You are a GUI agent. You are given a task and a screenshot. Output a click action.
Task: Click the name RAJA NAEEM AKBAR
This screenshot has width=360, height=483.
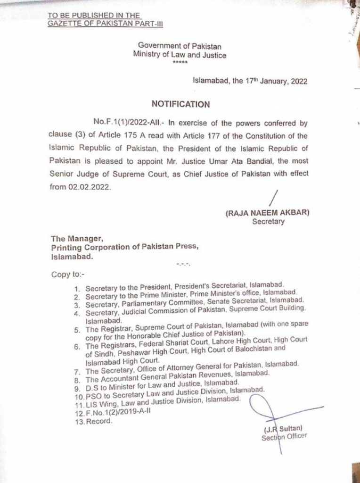pos(267,213)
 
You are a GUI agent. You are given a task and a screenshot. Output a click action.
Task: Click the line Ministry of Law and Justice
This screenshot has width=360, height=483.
pos(180,55)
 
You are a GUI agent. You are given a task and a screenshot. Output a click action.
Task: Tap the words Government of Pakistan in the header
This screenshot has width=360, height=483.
pos(180,46)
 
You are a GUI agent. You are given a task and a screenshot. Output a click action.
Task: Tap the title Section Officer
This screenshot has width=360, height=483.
pos(284,436)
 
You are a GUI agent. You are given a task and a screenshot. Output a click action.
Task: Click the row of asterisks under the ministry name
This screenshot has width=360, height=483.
pos(180,63)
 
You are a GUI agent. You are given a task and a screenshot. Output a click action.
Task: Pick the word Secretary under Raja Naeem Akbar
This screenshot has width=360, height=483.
pos(268,221)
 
